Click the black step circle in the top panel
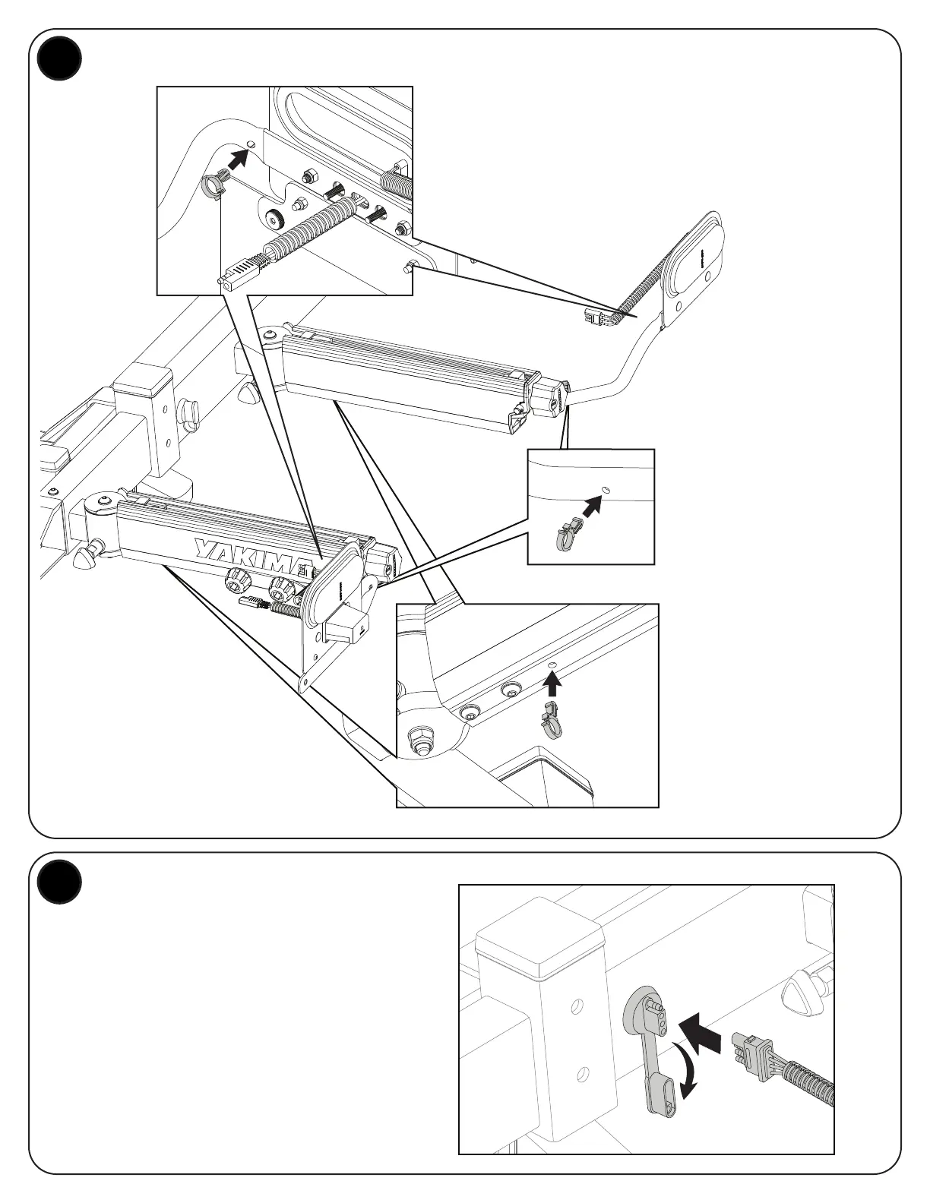pyautogui.click(x=60, y=59)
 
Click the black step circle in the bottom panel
pyautogui.click(x=60, y=883)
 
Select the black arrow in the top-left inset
pyautogui.click(x=239, y=158)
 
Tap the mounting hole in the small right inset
pyautogui.click(x=606, y=489)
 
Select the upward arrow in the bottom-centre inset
pyautogui.click(x=553, y=685)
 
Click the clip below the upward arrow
pyautogui.click(x=551, y=718)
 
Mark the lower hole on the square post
pyautogui.click(x=582, y=1073)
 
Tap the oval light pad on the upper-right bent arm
pyautogui.click(x=696, y=266)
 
